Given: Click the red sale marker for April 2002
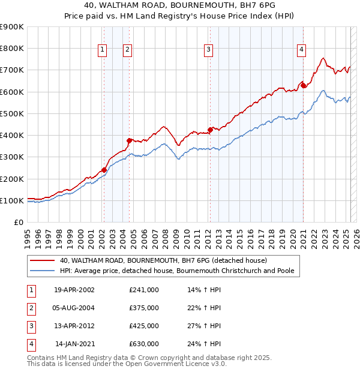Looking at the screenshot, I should [x=104, y=170].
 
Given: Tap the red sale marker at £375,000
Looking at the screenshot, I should [x=128, y=140].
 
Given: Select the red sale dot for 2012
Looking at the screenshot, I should [x=210, y=130].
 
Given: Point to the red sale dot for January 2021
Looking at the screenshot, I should [x=304, y=85].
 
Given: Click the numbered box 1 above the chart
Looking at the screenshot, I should [x=103, y=50].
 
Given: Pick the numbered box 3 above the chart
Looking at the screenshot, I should [x=208, y=50].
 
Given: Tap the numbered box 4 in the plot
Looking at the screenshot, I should [x=301, y=50].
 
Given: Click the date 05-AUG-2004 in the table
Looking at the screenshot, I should [x=74, y=308].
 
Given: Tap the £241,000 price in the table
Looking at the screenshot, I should [x=144, y=290].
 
